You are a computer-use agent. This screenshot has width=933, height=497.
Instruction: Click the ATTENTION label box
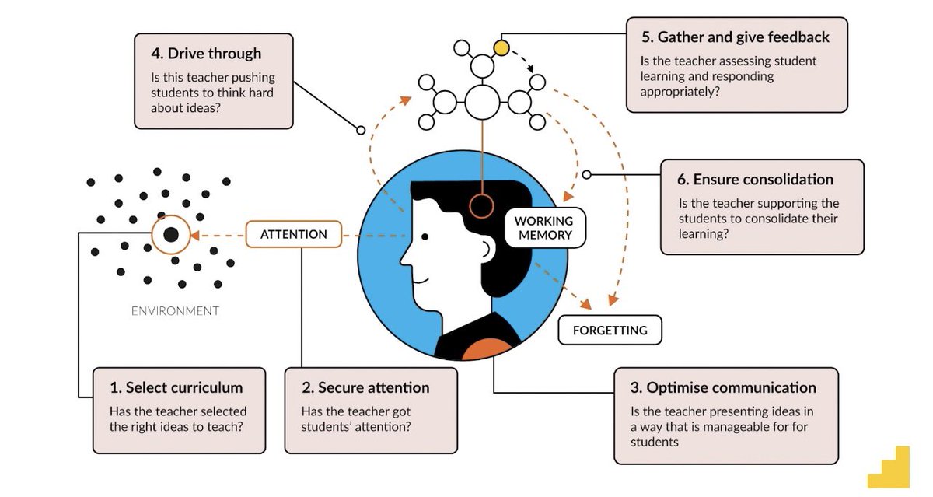point(294,234)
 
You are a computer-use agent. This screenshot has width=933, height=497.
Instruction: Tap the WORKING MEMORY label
point(543,227)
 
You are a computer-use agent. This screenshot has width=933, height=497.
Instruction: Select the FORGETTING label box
point(610,330)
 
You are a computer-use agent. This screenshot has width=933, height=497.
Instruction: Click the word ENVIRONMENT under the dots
point(175,311)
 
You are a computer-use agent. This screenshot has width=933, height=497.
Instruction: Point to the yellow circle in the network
point(501,48)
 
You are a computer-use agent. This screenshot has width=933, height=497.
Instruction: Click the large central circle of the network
point(482,102)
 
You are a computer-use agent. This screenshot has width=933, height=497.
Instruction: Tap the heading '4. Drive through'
point(206,54)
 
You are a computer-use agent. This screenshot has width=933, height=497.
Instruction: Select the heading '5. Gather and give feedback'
point(735,37)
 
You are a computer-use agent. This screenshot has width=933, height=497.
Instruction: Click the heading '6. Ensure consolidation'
point(755,179)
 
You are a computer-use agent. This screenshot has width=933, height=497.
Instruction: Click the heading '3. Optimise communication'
point(731,387)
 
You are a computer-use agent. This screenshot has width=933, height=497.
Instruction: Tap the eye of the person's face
point(425,236)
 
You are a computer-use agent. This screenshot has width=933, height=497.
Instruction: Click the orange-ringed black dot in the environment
point(171,234)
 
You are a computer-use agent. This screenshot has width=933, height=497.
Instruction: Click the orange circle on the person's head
point(482,206)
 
